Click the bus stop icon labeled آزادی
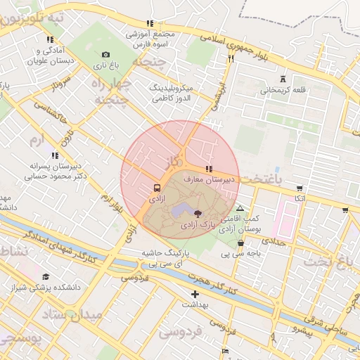[157, 188]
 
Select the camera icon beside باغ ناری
[105, 54]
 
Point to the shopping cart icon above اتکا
[300, 188]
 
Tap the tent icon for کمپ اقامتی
[240, 209]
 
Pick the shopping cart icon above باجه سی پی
[240, 243]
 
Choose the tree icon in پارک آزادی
[198, 213]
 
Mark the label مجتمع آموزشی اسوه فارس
[150, 38]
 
